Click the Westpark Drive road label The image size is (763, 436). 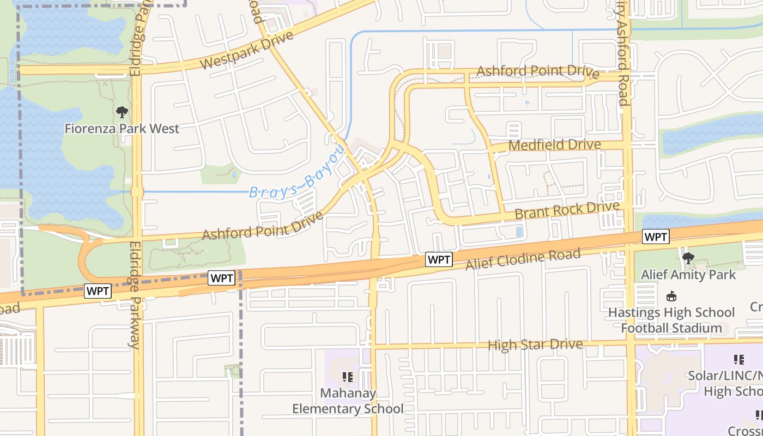click(246, 50)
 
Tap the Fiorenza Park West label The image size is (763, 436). click(122, 129)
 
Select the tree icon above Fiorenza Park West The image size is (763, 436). click(122, 113)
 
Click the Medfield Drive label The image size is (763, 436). click(554, 146)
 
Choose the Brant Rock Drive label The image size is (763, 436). click(567, 210)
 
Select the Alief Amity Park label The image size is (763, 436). click(688, 275)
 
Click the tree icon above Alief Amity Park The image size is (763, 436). click(688, 258)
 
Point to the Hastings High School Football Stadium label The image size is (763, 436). click(671, 320)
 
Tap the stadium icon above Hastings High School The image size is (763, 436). click(671, 297)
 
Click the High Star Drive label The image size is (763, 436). click(535, 345)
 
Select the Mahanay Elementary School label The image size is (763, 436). click(348, 401)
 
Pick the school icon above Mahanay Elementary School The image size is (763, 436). click(348, 377)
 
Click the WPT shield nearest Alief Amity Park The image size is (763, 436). click(656, 237)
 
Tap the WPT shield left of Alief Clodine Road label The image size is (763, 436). click(439, 260)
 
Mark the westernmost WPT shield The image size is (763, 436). click(98, 292)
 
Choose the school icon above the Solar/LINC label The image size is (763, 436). click(739, 360)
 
